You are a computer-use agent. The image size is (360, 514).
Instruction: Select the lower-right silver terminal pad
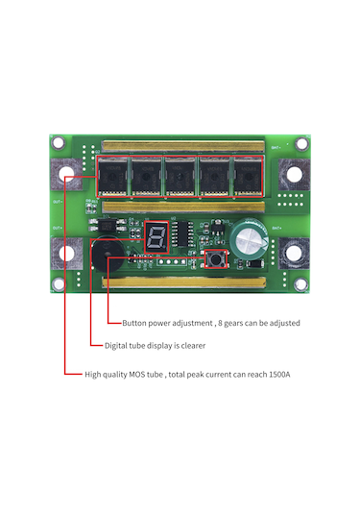[295, 256]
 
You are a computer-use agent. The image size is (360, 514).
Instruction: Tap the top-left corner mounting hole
[59, 142]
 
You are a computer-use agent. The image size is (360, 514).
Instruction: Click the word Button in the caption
[135, 323]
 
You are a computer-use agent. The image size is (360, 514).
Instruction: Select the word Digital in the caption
[118, 345]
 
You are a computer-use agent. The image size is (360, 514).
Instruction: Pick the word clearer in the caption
[190, 345]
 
